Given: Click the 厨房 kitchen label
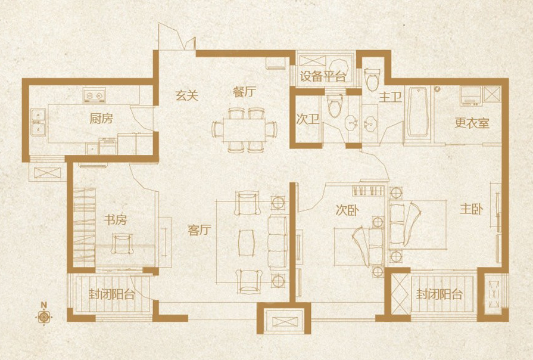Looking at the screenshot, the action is (x=101, y=119).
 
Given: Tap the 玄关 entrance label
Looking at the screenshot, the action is (x=186, y=95).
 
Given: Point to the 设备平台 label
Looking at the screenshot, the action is (x=323, y=76).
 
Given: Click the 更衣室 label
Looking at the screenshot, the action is (x=472, y=123).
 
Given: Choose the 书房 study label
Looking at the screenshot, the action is (x=115, y=220).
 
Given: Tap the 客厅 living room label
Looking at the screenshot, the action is (x=200, y=230).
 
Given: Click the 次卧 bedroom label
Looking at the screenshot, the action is (x=347, y=210).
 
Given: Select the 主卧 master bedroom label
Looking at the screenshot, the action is (x=472, y=209).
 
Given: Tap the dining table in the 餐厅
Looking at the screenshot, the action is (x=244, y=130).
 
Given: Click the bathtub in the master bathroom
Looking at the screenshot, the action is (x=417, y=111).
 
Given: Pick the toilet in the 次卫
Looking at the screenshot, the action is (x=335, y=106).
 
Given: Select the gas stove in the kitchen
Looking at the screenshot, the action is (x=94, y=95).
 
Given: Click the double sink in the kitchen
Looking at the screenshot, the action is (x=38, y=123).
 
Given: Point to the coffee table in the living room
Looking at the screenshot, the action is (x=247, y=243).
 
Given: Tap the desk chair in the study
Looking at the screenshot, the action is (x=121, y=243).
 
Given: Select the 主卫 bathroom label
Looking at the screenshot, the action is (x=391, y=98).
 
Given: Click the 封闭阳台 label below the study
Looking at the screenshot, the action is (x=112, y=294).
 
